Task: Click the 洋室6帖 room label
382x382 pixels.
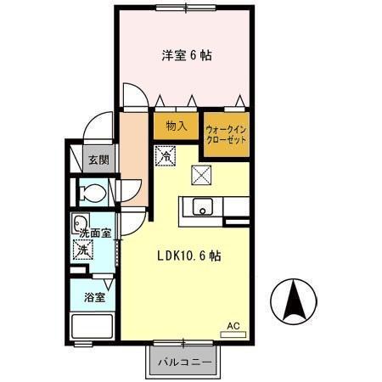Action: pos(188,56)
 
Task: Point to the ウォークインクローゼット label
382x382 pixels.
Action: pos(226,133)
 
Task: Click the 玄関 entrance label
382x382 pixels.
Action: pos(98,160)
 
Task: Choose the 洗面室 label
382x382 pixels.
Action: pos(95,233)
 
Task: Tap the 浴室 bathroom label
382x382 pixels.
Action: pos(94,297)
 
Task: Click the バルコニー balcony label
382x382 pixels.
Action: pos(185,364)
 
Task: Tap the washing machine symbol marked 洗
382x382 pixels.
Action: pos(83,251)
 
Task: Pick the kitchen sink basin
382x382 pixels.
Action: pos(202,207)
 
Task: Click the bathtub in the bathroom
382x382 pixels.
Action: pos(92,327)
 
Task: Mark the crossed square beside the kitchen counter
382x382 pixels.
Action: pos(203,176)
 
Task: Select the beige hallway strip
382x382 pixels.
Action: pos(134,157)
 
